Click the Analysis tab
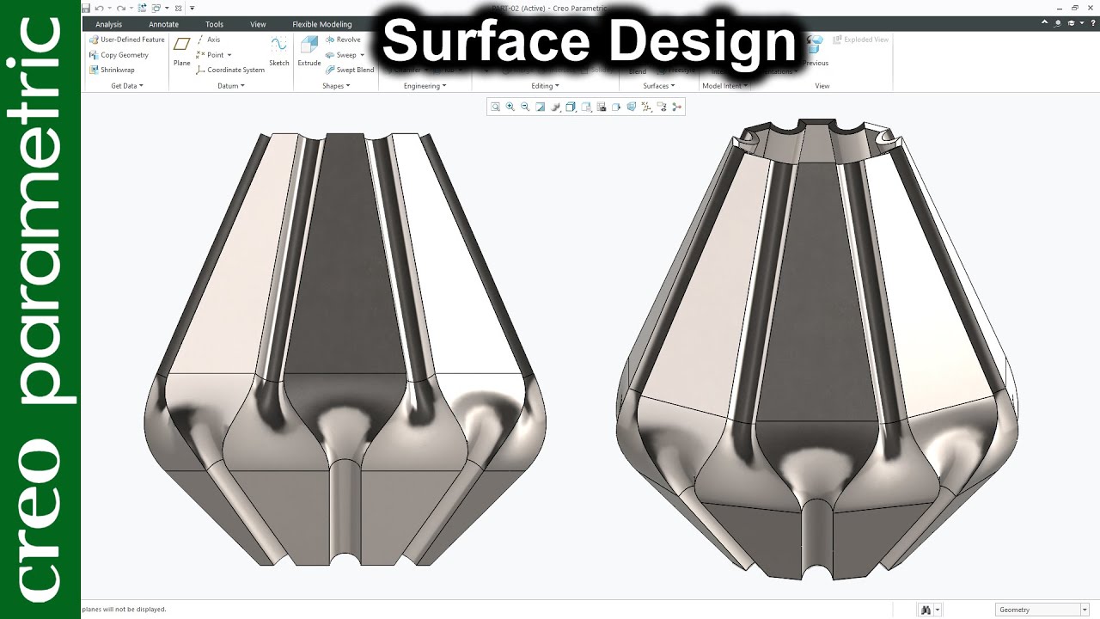tap(108, 24)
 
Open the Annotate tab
tap(163, 24)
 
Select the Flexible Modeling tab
tap(321, 24)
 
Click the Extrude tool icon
tap(309, 48)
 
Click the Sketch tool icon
tap(278, 48)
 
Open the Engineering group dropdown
tap(425, 86)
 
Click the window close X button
tap(1089, 8)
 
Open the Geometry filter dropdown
tap(1040, 610)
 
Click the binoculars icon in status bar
tap(926, 610)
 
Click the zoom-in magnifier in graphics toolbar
tap(510, 107)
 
